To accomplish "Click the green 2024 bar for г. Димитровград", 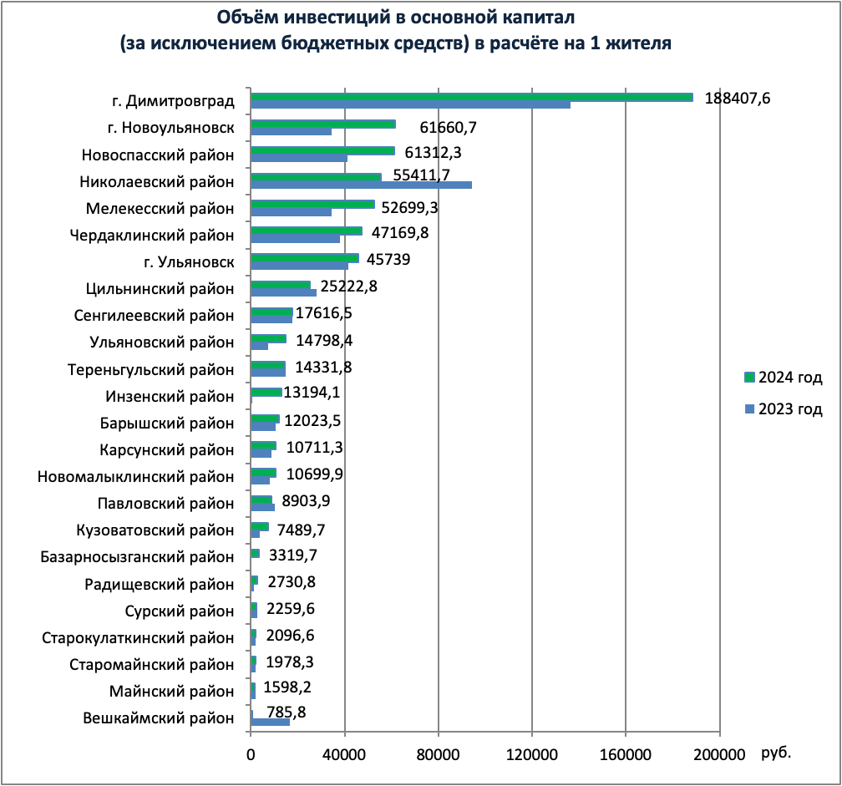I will (x=472, y=97).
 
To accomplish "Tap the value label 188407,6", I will (x=737, y=98).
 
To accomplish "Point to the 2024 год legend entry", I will (x=784, y=378).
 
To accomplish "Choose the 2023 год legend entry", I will (x=784, y=409).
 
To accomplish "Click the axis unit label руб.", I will (x=776, y=753).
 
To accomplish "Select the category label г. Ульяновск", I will (x=189, y=263).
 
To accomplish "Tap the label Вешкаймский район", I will (x=160, y=718).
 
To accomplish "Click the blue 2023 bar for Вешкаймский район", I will (x=270, y=722).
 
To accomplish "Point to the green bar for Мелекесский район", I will (x=312, y=205).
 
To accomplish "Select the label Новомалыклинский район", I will (x=136, y=477).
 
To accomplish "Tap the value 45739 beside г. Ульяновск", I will (x=388, y=260).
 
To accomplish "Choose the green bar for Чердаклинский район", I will (x=307, y=231).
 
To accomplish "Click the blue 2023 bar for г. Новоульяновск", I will (x=291, y=131).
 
